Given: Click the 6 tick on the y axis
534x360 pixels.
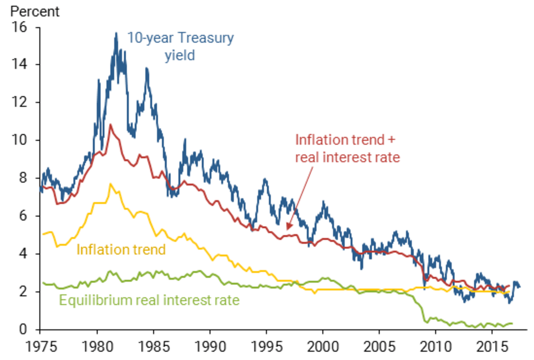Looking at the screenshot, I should click(24, 216).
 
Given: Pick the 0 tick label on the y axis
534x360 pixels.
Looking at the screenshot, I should click(24, 329).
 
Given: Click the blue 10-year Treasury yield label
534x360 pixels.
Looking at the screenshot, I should click(180, 47).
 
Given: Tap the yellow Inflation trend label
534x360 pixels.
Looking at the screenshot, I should click(121, 249).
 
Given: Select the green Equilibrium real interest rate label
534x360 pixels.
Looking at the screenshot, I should click(149, 301).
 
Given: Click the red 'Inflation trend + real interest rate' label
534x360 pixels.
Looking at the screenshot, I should click(347, 148).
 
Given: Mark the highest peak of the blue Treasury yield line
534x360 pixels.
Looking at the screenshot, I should click(116, 33).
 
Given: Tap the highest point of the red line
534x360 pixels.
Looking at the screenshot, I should click(111, 124).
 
